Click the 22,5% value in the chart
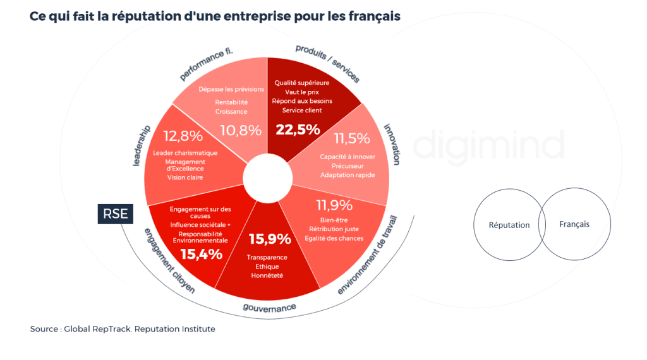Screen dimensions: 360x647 pos(298,129)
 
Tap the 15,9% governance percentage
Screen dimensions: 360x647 pos(270,239)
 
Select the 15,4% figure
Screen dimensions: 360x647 pos(201,254)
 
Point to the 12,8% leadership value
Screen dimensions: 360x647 pos(183,136)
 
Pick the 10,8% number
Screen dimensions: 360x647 pos(241,130)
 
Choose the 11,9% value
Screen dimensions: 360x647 pos(334,205)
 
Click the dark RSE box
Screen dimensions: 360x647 pos(116,214)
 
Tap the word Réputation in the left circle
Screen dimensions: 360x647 pos(509,225)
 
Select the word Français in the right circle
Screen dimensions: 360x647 pos(574,224)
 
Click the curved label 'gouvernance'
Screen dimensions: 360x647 pos(270,308)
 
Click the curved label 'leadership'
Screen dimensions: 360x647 pos(141,145)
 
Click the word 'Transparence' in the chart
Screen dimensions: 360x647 pos(267,257)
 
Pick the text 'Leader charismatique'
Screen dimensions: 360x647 pos(185,153)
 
